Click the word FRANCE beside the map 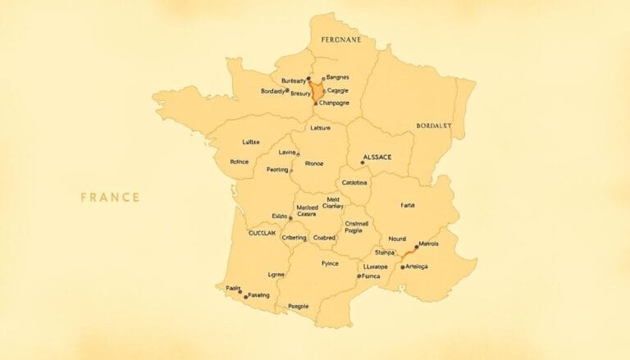point(110,197)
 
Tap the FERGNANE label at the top point(340,39)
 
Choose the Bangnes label point(338,78)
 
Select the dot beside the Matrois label point(416,247)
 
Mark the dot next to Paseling point(240,292)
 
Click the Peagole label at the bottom point(298,306)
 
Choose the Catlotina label point(355,181)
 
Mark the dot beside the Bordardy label point(286,91)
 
